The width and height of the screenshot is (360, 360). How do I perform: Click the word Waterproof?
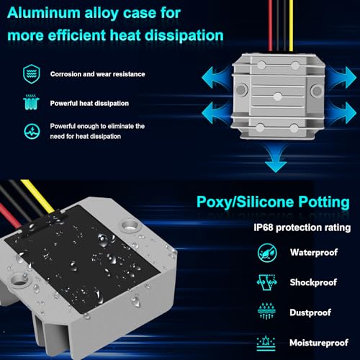click(x=314, y=253)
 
